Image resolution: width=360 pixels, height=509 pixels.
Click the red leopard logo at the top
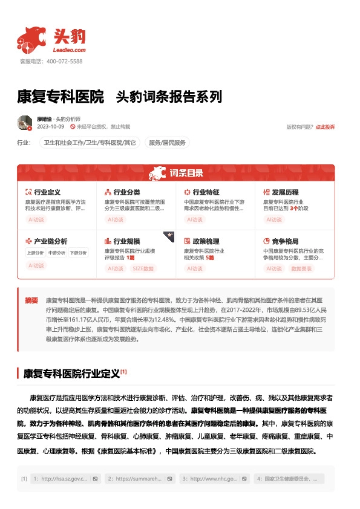pos(32,39)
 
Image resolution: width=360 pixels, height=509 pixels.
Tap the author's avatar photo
pos(25,123)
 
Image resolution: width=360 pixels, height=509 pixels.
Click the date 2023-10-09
pos(51,127)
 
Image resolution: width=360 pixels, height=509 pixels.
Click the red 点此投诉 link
pos(325,127)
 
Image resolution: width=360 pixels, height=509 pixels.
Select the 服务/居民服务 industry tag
pos(168,143)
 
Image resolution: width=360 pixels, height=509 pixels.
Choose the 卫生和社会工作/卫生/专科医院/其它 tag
pos(89,143)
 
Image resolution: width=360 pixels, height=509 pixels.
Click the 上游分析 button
pos(35,253)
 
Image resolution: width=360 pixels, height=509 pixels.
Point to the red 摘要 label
pos(31,300)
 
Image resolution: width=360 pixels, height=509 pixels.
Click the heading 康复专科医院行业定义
pos(70,372)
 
